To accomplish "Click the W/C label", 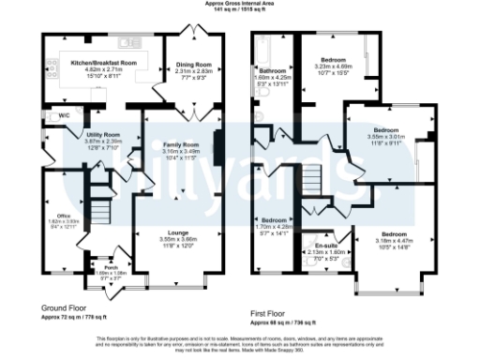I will click(x=64, y=115).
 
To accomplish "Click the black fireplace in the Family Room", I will click(x=218, y=148).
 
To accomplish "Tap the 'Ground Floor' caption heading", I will click(x=65, y=307).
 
